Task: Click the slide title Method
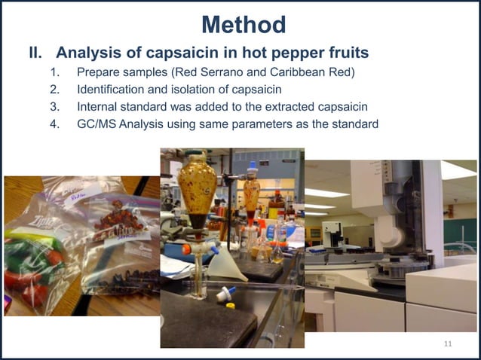[x=244, y=25]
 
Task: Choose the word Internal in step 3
[x=98, y=108]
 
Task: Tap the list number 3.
[x=54, y=108]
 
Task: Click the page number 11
[x=448, y=344]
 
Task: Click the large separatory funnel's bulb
[x=197, y=181]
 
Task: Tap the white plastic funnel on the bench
[x=227, y=264]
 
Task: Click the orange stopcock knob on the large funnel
[x=185, y=249]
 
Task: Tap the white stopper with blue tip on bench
[x=226, y=295]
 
